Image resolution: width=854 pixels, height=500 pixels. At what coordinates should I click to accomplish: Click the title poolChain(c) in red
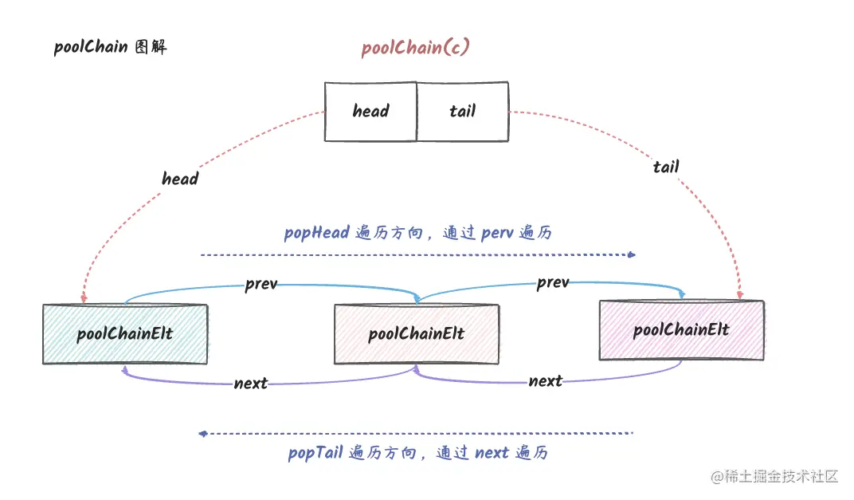coord(415,48)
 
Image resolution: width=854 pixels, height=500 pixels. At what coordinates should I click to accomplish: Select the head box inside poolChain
coord(370,112)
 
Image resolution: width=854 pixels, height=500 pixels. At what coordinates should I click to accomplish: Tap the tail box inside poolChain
coord(462,112)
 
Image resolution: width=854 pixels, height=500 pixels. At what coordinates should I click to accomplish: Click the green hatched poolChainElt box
coord(125,334)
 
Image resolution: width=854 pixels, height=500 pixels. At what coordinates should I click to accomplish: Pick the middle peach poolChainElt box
coord(416,334)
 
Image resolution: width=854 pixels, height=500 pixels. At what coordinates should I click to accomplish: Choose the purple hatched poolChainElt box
coord(681,330)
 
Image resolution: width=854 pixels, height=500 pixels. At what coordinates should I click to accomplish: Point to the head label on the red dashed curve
coord(180,179)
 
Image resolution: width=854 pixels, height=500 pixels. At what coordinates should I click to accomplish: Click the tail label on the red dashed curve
coord(666,167)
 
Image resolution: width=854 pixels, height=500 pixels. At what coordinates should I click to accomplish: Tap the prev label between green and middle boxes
coord(261,284)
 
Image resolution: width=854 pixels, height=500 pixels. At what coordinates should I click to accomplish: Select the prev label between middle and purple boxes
coord(553,282)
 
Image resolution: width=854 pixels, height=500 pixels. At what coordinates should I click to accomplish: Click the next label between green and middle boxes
coord(251,384)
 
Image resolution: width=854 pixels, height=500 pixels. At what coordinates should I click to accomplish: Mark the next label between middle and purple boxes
coord(546,381)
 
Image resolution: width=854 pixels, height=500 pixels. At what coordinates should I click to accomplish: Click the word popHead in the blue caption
coord(316,233)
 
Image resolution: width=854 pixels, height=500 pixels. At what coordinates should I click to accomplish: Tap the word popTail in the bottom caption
coord(315,453)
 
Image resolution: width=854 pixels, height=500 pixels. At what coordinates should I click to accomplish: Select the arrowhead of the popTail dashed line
coord(202,434)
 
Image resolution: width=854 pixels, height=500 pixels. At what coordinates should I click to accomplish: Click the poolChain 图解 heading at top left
coord(110,47)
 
